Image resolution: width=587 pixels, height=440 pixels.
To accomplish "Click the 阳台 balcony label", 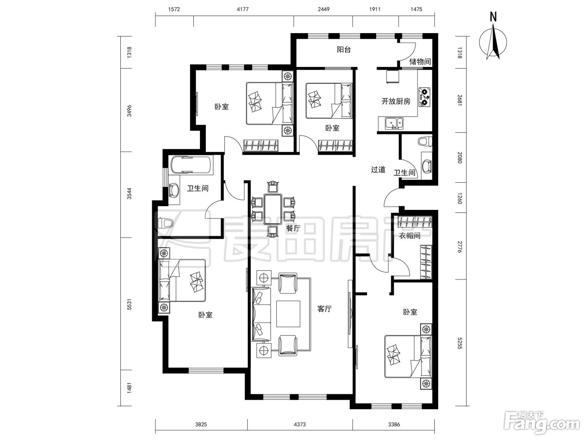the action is pos(344,50).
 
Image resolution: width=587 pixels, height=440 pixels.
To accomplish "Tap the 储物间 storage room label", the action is pos(420,62).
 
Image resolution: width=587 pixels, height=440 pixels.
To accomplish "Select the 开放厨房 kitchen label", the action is pos(396,101).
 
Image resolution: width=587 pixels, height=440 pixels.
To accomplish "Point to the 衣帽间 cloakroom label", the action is pos(409,236).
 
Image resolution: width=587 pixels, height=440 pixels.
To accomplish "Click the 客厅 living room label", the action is pos(325,309).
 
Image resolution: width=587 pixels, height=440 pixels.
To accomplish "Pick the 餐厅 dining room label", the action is pos(293,228).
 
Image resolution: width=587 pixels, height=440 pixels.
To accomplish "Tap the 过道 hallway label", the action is pos(378,170).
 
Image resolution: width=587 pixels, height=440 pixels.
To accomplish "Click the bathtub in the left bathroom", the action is pos(191,165).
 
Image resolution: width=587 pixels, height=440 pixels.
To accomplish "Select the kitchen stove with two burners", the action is pos(425,97).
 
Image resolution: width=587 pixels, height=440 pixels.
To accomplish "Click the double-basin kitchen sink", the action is pos(394,124).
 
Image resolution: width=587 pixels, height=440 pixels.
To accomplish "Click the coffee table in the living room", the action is pos(288,314).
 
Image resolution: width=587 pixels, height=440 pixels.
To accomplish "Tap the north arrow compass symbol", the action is pos(493,42).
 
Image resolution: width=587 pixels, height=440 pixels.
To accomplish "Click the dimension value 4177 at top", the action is pos(243,9).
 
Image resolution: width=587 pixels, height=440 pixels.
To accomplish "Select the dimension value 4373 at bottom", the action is pos(300,424).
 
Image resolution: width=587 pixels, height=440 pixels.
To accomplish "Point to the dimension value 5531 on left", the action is pos(129,304).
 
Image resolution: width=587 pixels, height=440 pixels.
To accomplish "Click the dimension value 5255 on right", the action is pos(460,343).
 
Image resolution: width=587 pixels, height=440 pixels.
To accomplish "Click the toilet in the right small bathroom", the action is pos(425,141).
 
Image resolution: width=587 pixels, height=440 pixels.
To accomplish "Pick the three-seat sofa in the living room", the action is pos(261,313).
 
